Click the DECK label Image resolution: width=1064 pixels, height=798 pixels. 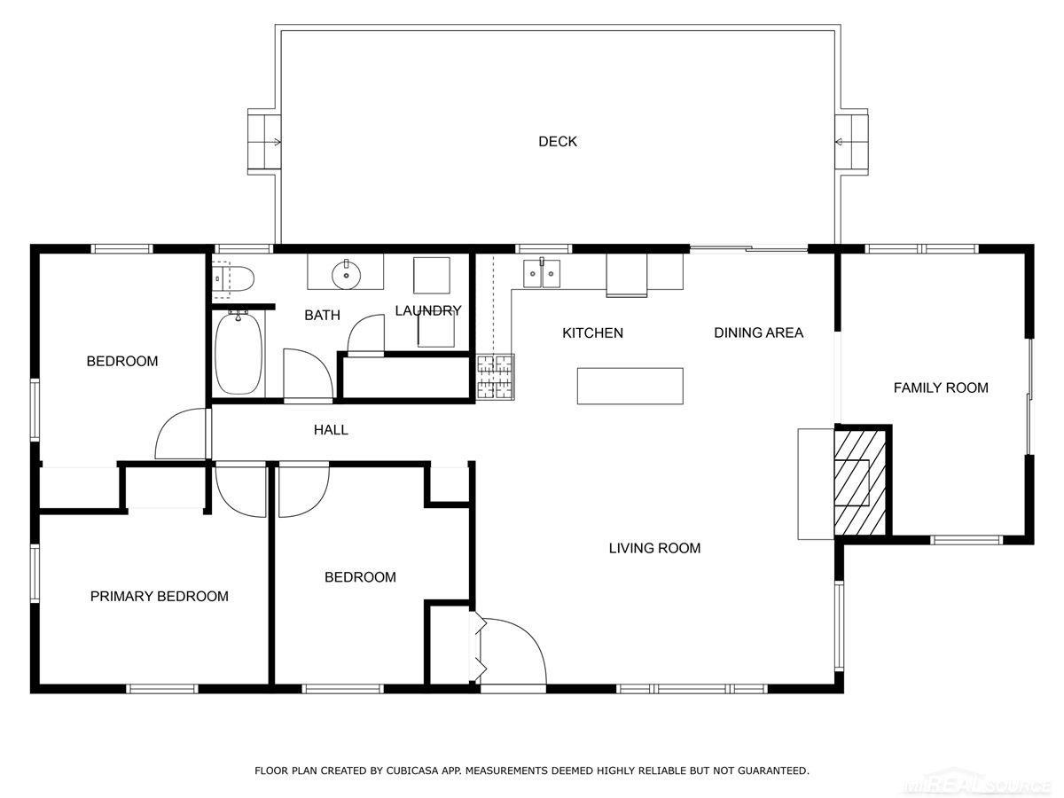[558, 142]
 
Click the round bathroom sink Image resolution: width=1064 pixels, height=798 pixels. [346, 276]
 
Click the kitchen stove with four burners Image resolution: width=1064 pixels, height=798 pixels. [495, 377]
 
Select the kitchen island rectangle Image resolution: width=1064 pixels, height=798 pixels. [630, 386]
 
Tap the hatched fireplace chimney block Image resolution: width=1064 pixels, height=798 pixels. [859, 481]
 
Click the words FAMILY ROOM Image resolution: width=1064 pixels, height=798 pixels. [940, 387]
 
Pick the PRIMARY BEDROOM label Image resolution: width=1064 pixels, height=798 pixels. [160, 597]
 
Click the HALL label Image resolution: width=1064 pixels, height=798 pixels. [331, 430]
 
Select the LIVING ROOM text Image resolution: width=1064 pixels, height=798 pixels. [654, 548]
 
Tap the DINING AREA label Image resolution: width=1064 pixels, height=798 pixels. [758, 333]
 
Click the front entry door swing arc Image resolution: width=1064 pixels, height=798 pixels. [519, 647]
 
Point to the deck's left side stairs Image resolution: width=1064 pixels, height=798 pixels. [263, 141]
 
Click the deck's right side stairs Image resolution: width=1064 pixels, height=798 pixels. [852, 141]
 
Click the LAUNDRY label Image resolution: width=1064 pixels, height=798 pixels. [428, 310]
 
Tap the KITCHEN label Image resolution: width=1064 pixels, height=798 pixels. [592, 333]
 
